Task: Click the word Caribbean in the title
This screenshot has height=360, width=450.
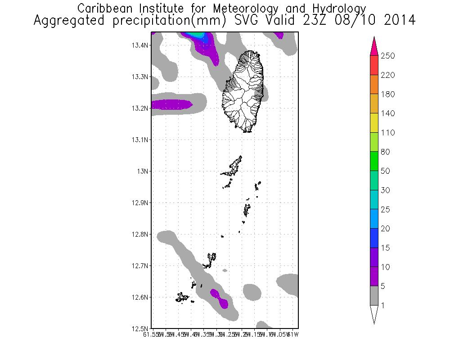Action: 103,9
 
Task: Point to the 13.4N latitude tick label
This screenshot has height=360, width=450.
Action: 140,45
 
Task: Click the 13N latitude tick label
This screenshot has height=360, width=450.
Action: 143,171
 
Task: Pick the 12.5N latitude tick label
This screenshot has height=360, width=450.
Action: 140,328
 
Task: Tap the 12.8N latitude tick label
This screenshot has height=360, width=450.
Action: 140,234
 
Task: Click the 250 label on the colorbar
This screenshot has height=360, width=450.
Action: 387,56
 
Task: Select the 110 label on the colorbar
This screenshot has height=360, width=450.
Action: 387,133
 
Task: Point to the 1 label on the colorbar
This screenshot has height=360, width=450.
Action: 384,306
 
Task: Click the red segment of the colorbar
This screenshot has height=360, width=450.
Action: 373,65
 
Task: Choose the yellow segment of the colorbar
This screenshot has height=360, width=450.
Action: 373,123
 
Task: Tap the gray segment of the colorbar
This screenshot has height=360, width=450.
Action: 373,296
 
